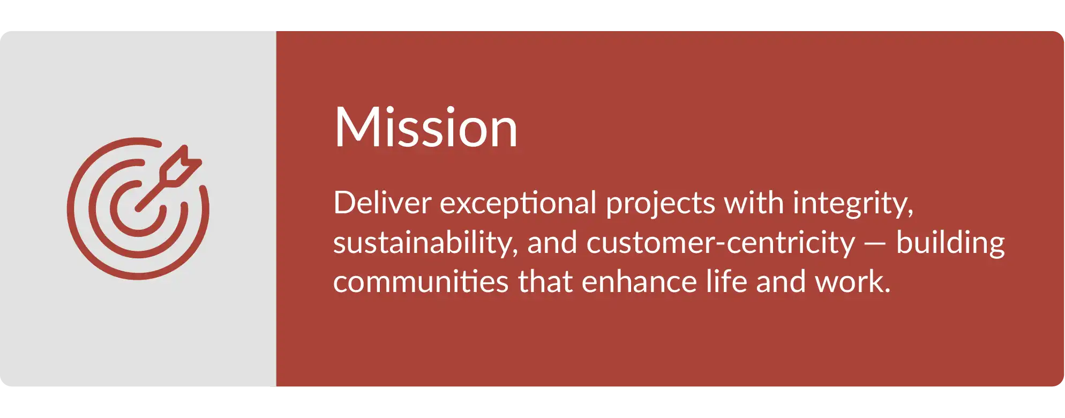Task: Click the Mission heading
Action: point(426,127)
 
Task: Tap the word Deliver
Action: point(382,203)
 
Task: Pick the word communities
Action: point(421,282)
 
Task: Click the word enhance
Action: point(639,282)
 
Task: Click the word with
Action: point(754,203)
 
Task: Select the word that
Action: point(545,282)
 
